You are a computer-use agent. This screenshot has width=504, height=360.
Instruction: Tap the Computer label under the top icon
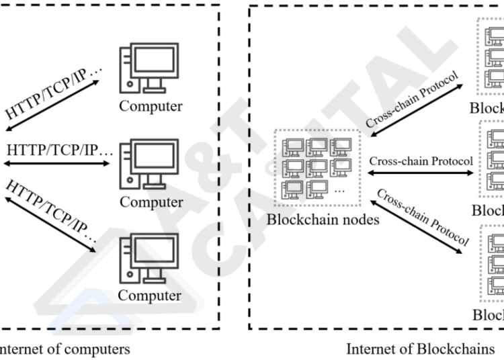coord(151,106)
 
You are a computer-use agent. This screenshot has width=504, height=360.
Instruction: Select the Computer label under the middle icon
coord(151,202)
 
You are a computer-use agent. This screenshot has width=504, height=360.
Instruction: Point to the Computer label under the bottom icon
coord(151,296)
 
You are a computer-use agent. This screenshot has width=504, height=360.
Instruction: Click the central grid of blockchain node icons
coord(314,167)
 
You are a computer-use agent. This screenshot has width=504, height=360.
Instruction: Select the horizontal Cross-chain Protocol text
coord(421,161)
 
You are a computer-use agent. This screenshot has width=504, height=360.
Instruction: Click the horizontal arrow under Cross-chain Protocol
coord(420,172)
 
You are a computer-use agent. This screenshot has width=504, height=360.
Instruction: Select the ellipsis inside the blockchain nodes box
coord(338,191)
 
